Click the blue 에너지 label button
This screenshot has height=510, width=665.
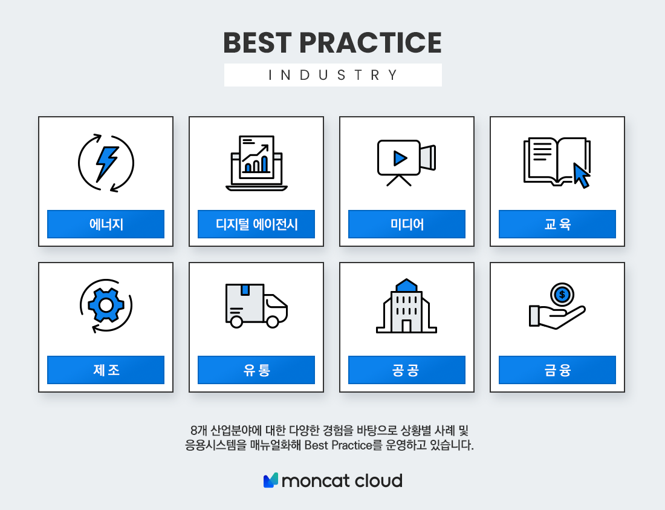pyautogui.click(x=106, y=224)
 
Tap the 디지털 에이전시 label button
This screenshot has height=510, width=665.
pyautogui.click(x=256, y=224)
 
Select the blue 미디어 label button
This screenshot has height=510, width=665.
pyautogui.click(x=407, y=224)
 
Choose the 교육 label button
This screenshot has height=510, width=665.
pyautogui.click(x=557, y=224)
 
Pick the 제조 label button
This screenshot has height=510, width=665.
pyautogui.click(x=106, y=370)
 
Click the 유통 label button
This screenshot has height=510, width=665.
pyautogui.click(x=256, y=370)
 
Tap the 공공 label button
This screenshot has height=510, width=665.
pyautogui.click(x=407, y=370)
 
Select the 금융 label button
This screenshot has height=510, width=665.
pyautogui.click(x=557, y=370)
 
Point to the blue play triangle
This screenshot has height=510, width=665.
pyautogui.click(x=400, y=159)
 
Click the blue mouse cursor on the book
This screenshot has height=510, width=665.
pyautogui.click(x=581, y=175)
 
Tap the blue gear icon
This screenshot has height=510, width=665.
pyautogui.click(x=106, y=305)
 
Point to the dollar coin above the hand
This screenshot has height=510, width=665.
pyautogui.click(x=562, y=295)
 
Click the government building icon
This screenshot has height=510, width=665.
pyautogui.click(x=406, y=306)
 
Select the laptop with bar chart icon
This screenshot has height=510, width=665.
pyautogui.click(x=256, y=163)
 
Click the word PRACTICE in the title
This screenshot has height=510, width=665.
pyautogui.click(x=370, y=43)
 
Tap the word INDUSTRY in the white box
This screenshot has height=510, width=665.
pyautogui.click(x=333, y=75)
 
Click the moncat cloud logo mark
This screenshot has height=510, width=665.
pyautogui.click(x=271, y=480)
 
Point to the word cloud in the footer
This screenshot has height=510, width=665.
pyautogui.click(x=378, y=481)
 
